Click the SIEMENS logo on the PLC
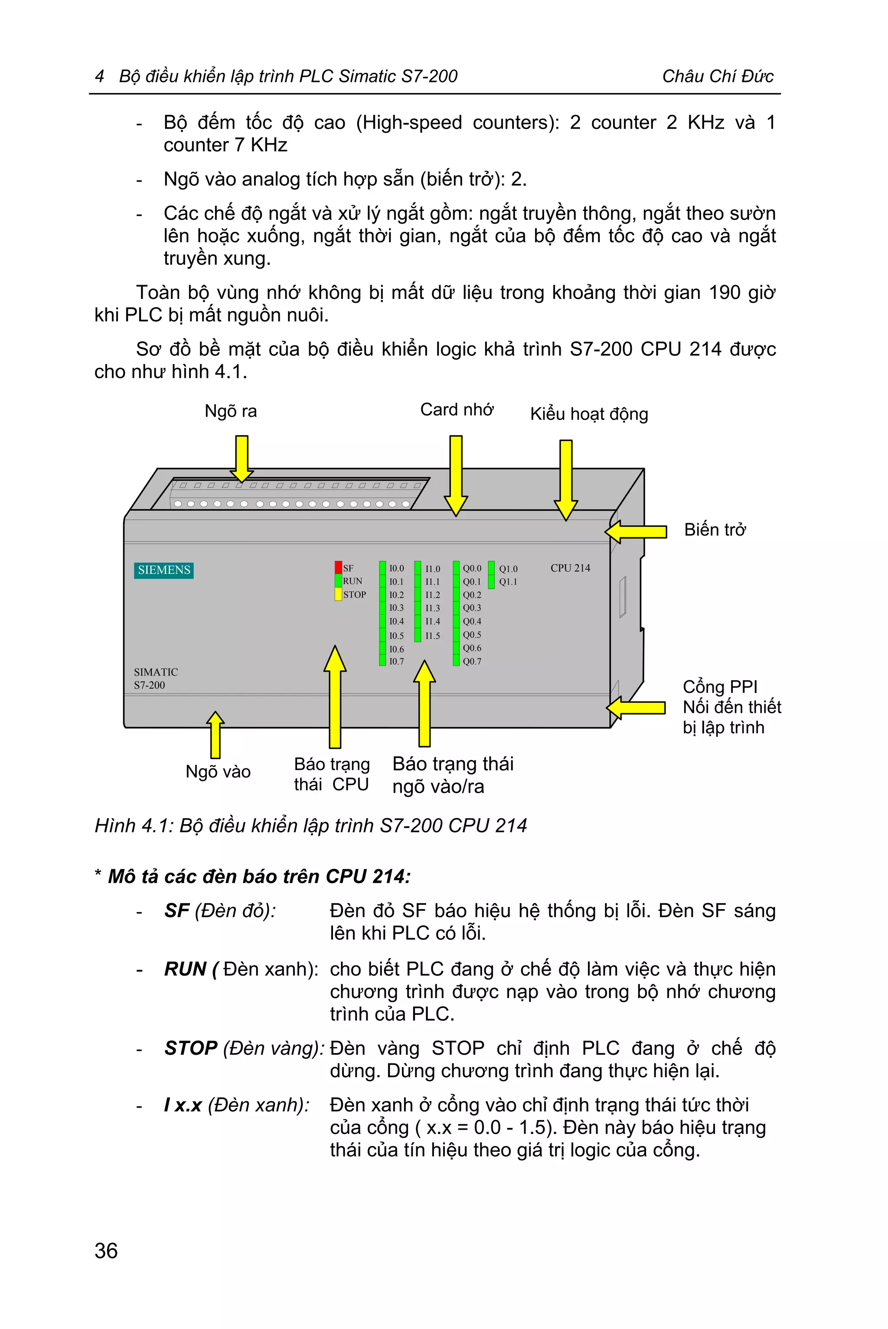point(163,570)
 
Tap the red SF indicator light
point(338,567)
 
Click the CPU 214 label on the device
point(570,568)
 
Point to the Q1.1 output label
point(508,582)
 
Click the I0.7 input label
point(396,661)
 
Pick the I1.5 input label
point(433,636)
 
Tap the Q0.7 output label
point(472,661)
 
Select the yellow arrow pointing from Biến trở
point(635,532)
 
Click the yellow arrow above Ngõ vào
point(215,734)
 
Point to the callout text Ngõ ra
point(231,411)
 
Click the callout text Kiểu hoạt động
point(589,414)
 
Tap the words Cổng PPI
point(720,686)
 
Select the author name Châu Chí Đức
point(718,76)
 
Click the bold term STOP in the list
point(191,1048)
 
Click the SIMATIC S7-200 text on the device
point(155,678)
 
